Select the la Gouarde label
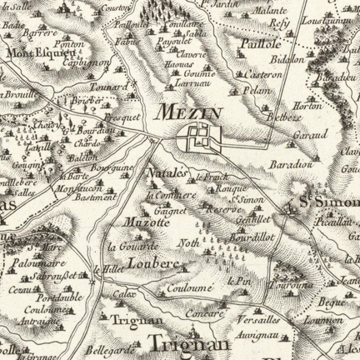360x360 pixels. click(x=133, y=246)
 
